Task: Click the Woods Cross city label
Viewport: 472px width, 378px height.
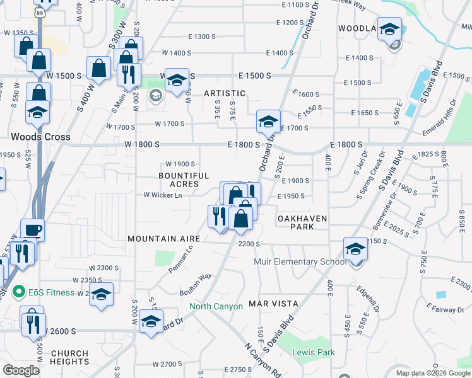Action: pos(40,136)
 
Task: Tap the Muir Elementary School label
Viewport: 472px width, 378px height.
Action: pos(300,261)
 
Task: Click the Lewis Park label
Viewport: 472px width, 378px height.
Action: pos(313,352)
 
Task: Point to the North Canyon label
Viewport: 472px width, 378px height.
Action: pos(216,307)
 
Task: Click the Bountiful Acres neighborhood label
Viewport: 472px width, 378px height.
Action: pos(184,180)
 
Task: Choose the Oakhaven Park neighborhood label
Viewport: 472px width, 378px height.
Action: pos(302,222)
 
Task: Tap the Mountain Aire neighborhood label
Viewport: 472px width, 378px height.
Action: pos(163,239)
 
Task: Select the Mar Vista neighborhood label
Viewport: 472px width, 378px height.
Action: pos(273,303)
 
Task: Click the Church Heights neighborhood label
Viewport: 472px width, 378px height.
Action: pos(69,357)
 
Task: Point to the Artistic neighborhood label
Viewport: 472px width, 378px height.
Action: pos(224,93)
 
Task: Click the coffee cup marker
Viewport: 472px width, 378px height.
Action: pos(32,230)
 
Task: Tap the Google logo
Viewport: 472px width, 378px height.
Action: pos(21,370)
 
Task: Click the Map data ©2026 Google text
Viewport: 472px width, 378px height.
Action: pos(432,373)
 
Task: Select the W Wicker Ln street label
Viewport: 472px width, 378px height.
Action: pos(163,195)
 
